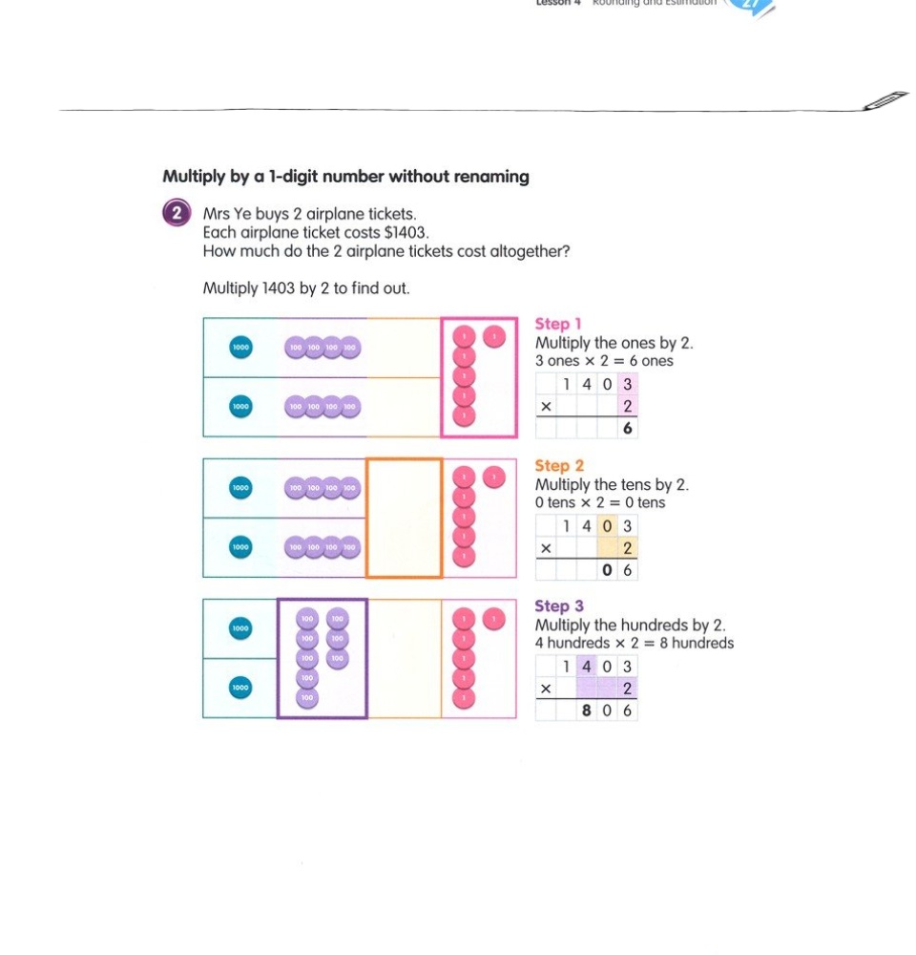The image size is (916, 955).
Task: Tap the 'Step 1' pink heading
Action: (558, 325)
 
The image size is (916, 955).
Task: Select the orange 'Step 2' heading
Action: (559, 466)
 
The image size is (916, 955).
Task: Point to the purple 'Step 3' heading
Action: (559, 606)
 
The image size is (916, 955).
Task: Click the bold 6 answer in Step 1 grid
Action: (627, 429)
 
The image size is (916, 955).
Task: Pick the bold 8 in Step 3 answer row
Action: (586, 711)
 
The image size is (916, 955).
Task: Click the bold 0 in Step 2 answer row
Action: (607, 570)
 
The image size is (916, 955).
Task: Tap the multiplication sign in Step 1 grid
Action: (546, 407)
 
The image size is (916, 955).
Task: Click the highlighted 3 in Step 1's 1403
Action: (627, 384)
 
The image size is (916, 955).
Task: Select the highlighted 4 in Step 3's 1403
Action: (586, 666)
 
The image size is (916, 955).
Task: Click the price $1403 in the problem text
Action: (407, 233)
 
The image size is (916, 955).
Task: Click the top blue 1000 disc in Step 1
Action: (240, 348)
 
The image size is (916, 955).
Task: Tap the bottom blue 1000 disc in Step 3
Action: (240, 687)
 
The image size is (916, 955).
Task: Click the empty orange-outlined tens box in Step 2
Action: (405, 519)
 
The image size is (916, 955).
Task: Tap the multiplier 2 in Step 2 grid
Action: (627, 548)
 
